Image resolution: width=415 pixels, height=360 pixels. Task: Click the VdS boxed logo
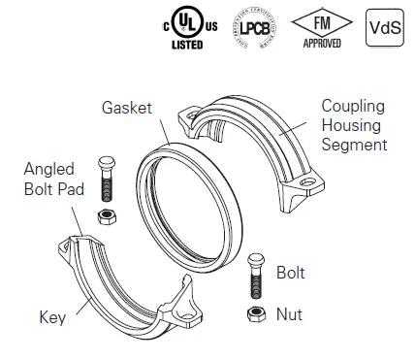pos(382,26)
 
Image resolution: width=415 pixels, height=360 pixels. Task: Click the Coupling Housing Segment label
pos(353,124)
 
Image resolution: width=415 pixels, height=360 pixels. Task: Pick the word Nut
pos(289,313)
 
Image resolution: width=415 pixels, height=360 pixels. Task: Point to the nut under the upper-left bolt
pos(106,213)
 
